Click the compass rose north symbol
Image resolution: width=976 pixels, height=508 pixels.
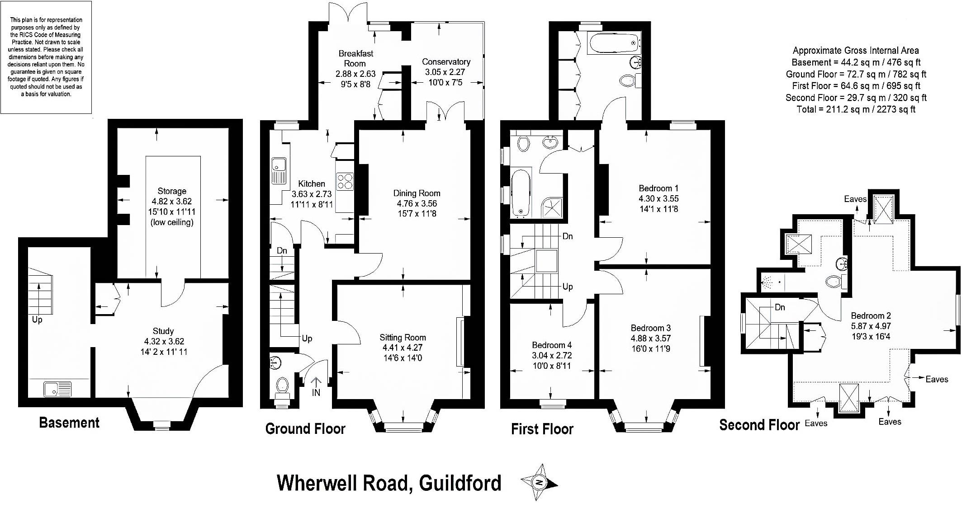[x=539, y=483]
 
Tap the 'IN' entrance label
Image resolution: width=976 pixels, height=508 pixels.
[x=316, y=392]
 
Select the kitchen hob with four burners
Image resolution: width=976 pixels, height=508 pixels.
[x=345, y=181]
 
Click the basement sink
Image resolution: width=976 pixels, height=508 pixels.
[x=57, y=389]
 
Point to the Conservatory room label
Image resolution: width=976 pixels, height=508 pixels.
[x=446, y=61]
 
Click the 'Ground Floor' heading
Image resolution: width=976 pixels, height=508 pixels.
[x=305, y=428]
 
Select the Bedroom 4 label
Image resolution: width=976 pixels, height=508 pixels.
[x=552, y=345]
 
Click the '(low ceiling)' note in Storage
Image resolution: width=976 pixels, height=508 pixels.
[x=172, y=222]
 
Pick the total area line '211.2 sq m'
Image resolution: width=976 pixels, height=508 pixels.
[x=856, y=109]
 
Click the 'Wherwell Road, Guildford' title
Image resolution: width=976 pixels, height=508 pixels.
[x=389, y=483]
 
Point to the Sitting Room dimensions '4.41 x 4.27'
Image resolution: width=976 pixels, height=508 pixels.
[x=403, y=348]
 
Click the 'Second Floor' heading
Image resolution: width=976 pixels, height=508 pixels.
[x=759, y=425]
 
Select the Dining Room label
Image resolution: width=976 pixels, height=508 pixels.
[x=417, y=193]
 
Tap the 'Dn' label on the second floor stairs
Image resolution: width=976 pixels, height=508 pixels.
[x=780, y=307]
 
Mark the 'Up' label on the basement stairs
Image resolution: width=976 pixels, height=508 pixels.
[x=37, y=320]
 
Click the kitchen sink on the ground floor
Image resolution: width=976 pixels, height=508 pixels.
[x=279, y=171]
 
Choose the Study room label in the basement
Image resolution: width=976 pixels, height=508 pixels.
[x=163, y=331]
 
